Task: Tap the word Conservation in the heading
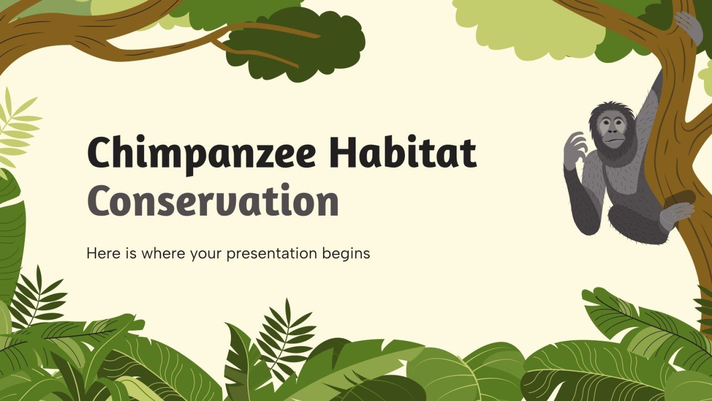click(x=213, y=201)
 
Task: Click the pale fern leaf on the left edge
click(x=16, y=128)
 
